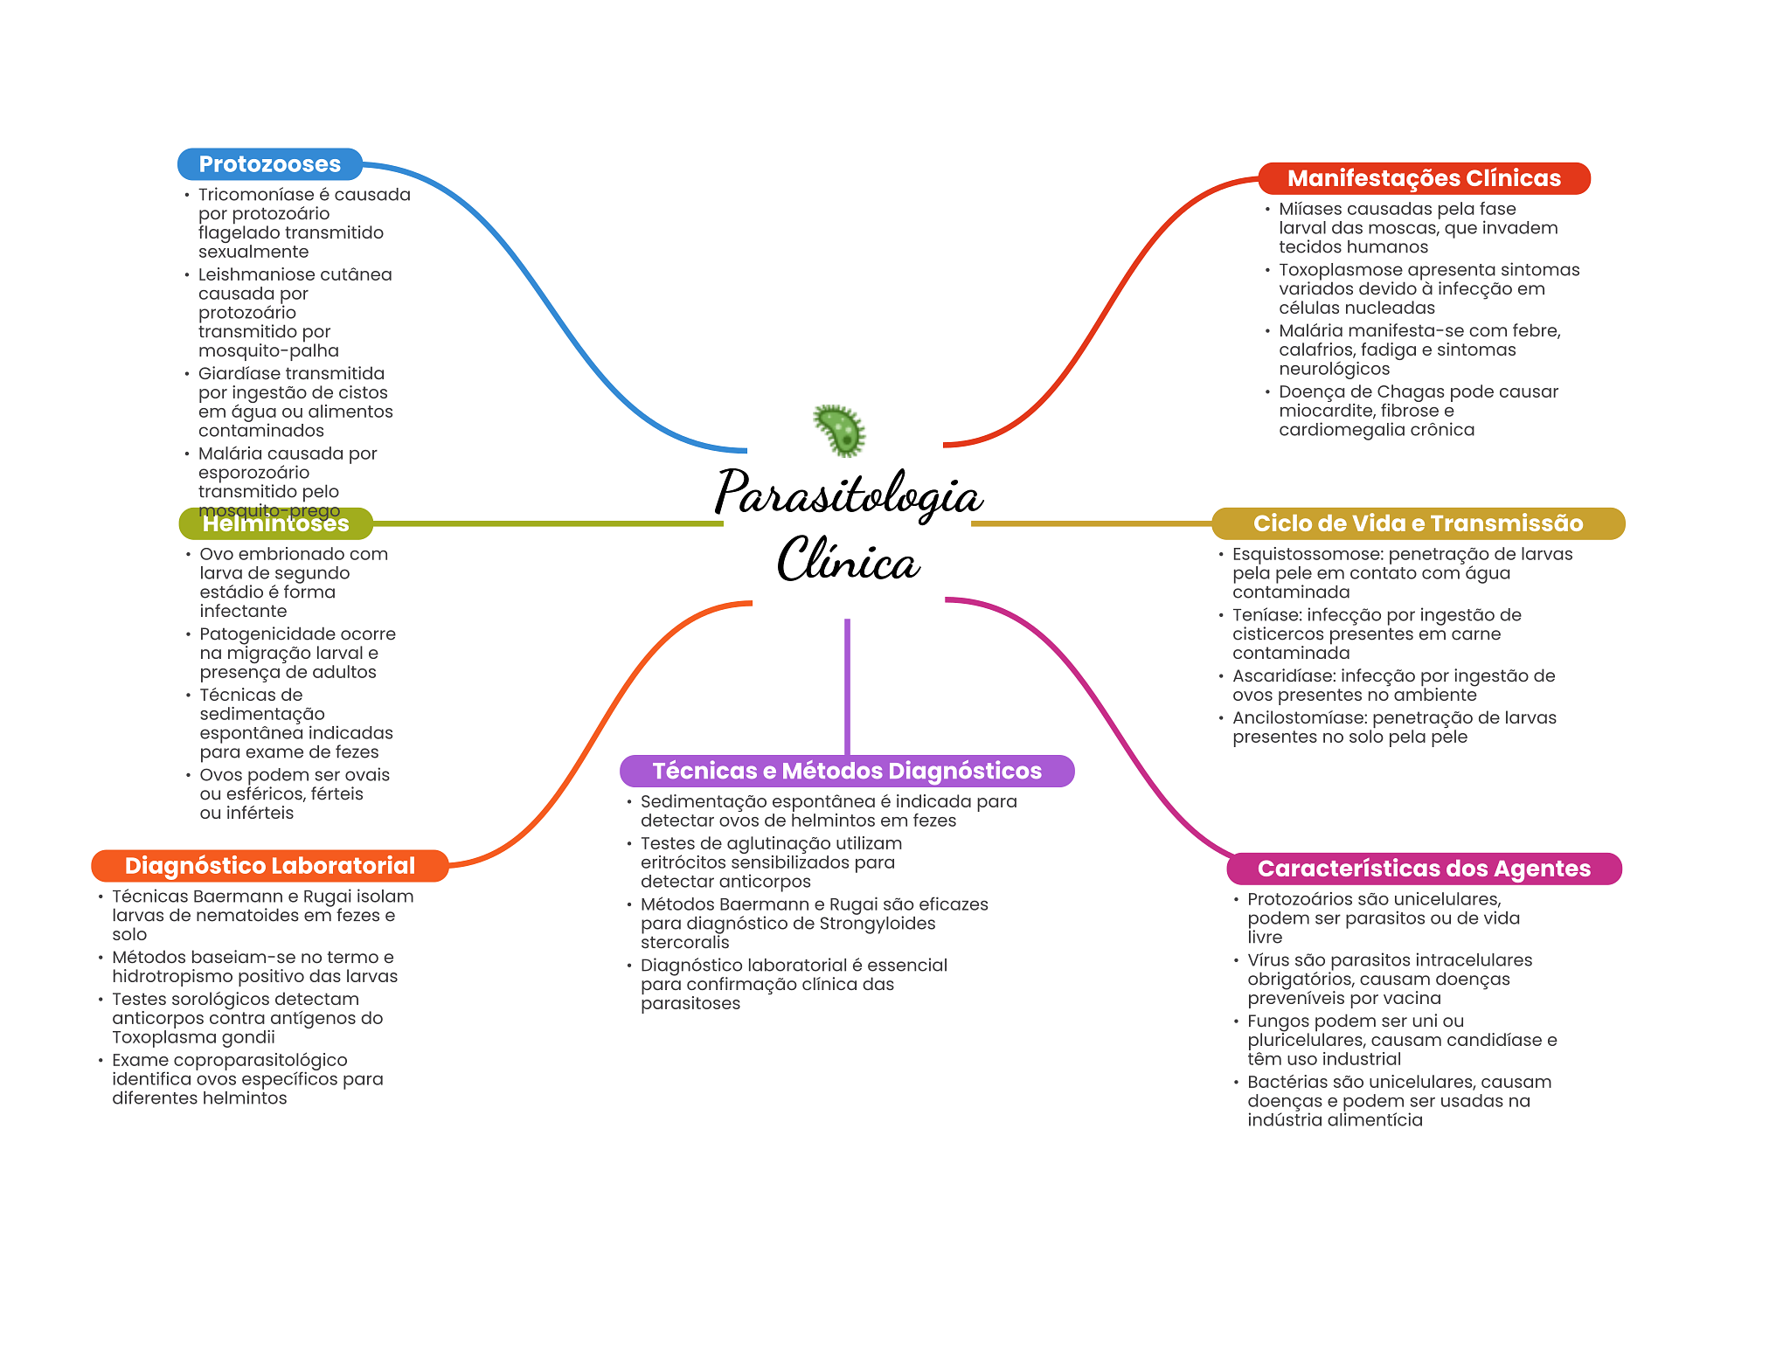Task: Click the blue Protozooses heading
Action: [270, 164]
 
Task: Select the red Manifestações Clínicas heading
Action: [1424, 178]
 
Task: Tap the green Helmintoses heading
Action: [276, 523]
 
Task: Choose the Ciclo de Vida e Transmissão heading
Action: [1418, 523]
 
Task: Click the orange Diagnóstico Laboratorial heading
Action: [270, 866]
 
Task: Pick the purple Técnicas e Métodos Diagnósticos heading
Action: [847, 771]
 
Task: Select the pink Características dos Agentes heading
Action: [1424, 869]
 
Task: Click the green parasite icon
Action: [840, 431]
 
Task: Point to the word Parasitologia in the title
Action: [849, 495]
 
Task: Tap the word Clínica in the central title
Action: [848, 559]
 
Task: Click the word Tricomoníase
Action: [256, 195]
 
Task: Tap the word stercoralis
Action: [684, 943]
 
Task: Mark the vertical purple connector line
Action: [847, 687]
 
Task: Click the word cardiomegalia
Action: [1336, 430]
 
